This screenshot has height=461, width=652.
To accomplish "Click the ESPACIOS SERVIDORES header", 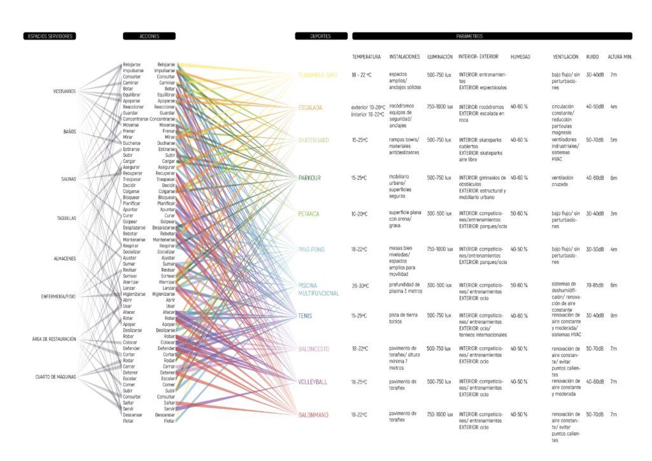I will pos(48,36).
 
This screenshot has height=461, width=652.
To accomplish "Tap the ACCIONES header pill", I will pos(149,36).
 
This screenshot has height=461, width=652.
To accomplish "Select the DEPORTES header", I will pos(321,36).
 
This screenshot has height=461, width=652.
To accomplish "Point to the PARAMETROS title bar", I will pos(492,36).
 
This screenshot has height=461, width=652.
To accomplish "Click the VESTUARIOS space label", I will pos(64,91).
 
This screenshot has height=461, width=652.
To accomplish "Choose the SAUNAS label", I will pos(66,179).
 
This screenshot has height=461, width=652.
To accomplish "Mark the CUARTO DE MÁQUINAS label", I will pos(55,377).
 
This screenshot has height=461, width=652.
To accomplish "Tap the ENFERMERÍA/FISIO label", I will pos(59,296).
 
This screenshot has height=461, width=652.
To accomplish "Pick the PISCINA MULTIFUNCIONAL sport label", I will pos(318,289).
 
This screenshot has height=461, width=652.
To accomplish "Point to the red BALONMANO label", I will pos(313,415).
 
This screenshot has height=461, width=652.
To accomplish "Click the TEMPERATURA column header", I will pos(366,57).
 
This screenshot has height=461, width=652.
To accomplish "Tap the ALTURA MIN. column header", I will pos(620,57).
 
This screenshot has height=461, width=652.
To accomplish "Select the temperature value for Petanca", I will pos(361,214).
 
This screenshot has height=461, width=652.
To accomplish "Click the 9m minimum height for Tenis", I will pos(613,316).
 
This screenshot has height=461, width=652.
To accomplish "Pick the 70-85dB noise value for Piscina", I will pos(595,285).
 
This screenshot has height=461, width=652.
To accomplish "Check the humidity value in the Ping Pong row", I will pos(519,249).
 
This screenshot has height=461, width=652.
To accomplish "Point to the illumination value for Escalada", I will pos(439,106).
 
